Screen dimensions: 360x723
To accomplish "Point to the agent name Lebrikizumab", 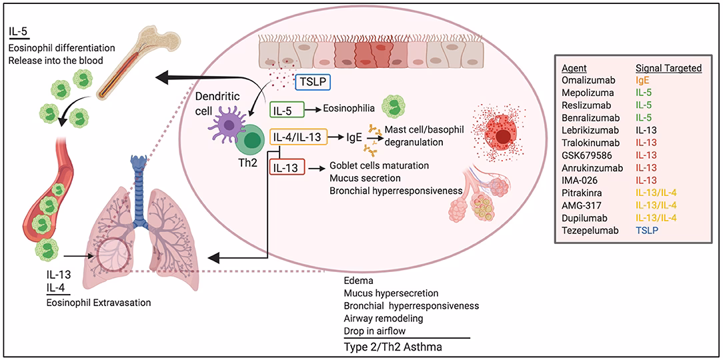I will coord(587,130).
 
